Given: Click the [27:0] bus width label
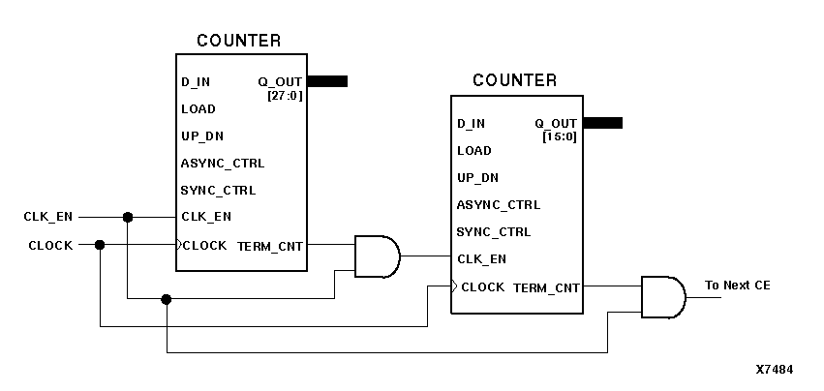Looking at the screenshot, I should [287, 94].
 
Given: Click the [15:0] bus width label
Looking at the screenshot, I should [562, 136].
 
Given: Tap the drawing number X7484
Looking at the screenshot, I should [775, 370].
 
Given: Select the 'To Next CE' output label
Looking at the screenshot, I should [738, 286].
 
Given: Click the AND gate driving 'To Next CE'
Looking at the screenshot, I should [662, 296].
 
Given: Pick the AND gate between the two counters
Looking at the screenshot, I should [377, 256].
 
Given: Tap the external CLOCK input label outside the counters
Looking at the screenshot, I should [49, 246].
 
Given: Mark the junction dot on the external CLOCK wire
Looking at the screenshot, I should [100, 245].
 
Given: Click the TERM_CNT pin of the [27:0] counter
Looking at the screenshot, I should [270, 246].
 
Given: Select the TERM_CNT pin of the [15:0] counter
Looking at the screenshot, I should [546, 287].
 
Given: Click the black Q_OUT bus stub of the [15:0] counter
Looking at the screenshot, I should [602, 123].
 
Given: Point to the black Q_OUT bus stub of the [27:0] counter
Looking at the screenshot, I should [327, 81].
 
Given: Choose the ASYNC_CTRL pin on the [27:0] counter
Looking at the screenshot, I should [222, 163].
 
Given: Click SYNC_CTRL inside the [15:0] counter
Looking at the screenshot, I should [494, 232].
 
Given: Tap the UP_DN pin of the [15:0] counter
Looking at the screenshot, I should [477, 178].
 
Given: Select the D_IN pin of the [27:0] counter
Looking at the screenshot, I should [196, 81].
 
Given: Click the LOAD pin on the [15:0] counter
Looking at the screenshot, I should [474, 151].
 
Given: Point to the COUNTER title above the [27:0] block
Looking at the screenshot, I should [239, 41].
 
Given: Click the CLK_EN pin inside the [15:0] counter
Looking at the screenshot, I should [481, 259].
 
